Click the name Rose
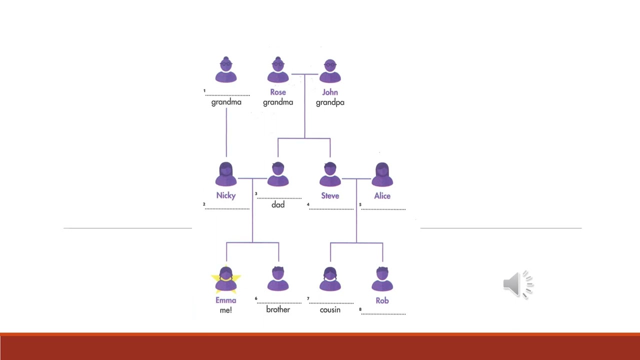click(278, 92)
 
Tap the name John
click(330, 92)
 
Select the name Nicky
click(226, 195)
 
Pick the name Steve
click(330, 195)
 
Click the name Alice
click(382, 195)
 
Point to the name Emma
click(226, 300)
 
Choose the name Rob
click(382, 300)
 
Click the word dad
click(278, 204)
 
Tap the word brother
click(278, 309)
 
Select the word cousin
click(330, 309)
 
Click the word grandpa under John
click(330, 102)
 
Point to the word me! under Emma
click(226, 310)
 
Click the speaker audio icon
click(517, 284)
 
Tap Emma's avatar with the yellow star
click(226, 279)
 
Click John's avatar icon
click(330, 70)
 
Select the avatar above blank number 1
click(226, 70)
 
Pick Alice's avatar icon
click(382, 174)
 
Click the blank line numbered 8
click(383, 313)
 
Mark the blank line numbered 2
click(227, 208)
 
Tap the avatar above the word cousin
click(330, 279)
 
